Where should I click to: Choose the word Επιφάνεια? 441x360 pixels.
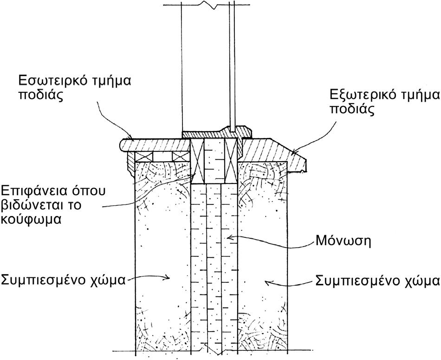(x=33, y=190)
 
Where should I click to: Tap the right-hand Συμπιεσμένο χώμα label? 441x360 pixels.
(x=377, y=280)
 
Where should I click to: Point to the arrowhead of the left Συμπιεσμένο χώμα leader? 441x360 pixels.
(x=170, y=277)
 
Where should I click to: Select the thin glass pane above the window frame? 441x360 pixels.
(x=233, y=65)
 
